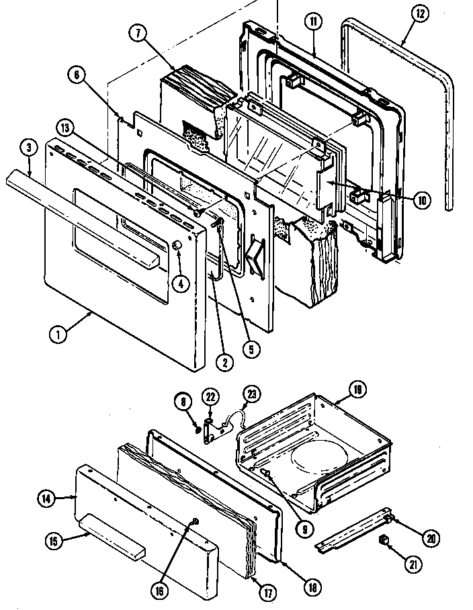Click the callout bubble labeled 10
coord(423,201)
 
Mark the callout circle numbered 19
coord(357,389)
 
